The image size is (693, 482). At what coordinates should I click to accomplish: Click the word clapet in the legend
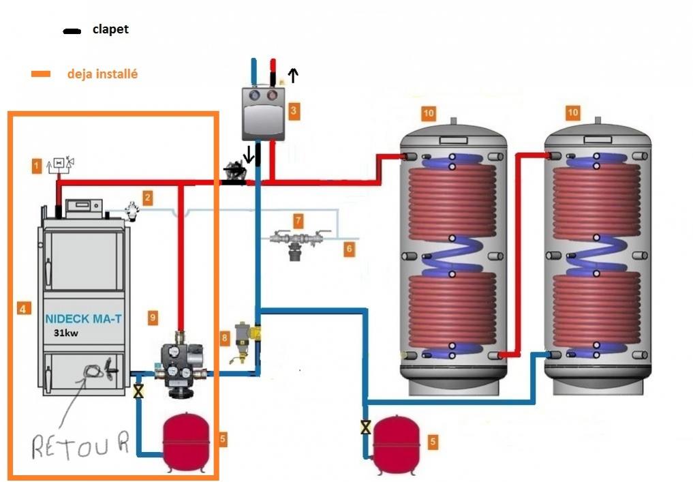coord(110,29)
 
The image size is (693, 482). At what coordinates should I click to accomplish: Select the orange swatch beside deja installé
coord(41,74)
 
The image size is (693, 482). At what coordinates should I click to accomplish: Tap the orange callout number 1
coord(35,164)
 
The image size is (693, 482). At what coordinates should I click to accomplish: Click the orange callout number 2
coord(147,198)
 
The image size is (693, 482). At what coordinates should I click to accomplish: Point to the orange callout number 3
coord(293,109)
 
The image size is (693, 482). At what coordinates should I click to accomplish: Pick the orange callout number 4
coord(22,309)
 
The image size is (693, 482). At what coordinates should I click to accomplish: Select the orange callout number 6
coord(349,249)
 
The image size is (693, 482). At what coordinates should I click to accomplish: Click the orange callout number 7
coord(298,220)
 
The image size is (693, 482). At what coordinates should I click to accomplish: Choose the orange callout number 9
coord(153,317)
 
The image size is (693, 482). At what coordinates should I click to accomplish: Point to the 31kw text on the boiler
coord(67,333)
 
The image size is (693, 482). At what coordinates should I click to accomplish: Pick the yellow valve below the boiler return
coord(139,391)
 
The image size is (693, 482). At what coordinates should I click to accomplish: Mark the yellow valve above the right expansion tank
coord(366,427)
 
